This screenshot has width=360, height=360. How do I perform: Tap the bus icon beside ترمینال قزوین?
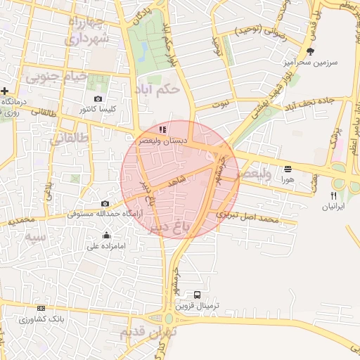197,295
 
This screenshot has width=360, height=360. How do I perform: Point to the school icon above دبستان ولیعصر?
162,130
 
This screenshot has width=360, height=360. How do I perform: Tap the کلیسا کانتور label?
98,110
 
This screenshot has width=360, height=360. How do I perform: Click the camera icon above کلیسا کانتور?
98,99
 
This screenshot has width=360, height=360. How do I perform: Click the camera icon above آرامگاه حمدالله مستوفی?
105,203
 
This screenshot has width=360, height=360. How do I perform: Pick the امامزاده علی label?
106,246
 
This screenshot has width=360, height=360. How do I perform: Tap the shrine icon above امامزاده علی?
106,236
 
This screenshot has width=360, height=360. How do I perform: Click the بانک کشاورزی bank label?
41,319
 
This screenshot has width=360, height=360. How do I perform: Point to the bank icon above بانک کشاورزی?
41,309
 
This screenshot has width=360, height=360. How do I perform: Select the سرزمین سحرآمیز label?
310,62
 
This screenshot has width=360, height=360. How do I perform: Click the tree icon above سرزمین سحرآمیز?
310,51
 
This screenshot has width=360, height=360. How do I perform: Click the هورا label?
288,180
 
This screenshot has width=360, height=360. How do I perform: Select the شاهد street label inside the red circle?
176,179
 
